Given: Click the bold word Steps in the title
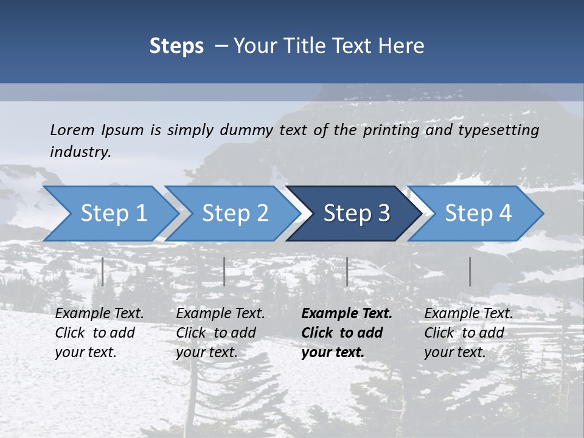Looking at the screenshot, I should point(176,46).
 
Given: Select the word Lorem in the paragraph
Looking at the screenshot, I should point(72,130).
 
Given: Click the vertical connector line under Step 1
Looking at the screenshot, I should point(103,271).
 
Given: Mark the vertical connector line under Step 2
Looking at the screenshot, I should point(224,271).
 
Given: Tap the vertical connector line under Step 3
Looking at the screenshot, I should point(347,271).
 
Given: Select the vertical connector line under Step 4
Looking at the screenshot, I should point(470,271).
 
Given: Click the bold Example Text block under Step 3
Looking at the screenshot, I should point(347,333).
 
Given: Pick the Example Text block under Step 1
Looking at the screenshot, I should point(99,333).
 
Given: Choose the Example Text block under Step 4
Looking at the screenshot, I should point(468,333).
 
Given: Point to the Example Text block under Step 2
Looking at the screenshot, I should point(220,333).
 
